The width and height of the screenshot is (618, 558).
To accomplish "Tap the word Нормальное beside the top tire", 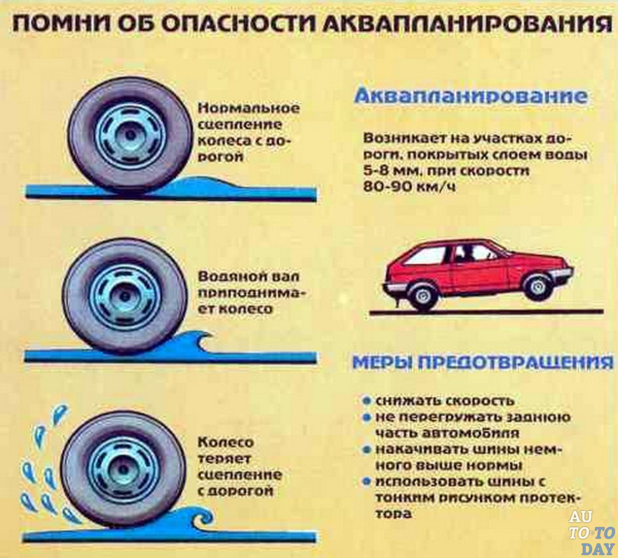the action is pos(248,109).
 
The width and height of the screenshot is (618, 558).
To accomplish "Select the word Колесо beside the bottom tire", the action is pos(226,442).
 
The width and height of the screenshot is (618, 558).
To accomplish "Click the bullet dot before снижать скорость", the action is pos(367,401).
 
